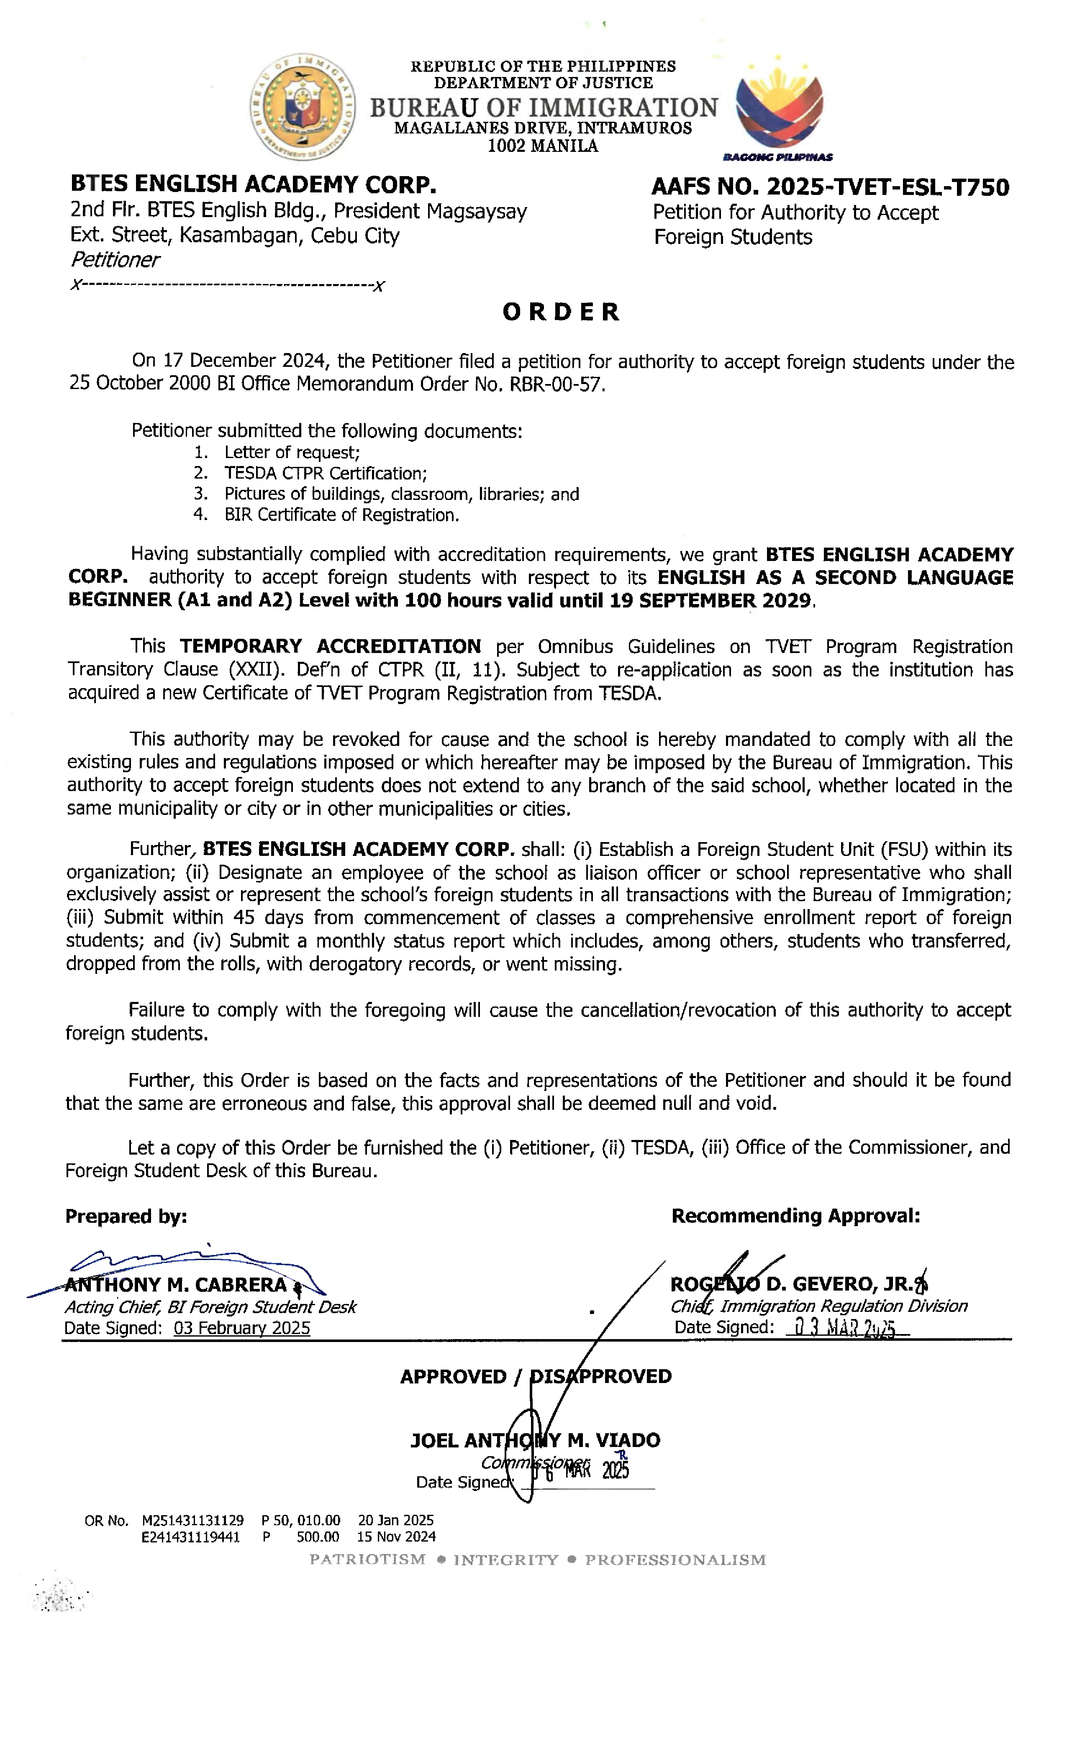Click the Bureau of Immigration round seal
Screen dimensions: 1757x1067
click(303, 107)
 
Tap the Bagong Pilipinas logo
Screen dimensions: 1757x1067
click(779, 107)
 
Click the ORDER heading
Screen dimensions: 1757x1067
click(561, 312)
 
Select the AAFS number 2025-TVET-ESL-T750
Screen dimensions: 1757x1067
click(830, 187)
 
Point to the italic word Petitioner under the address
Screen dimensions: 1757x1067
click(115, 259)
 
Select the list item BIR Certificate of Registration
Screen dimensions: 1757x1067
click(341, 515)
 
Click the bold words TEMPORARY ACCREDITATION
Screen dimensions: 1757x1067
click(330, 646)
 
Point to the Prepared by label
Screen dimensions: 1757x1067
click(126, 1216)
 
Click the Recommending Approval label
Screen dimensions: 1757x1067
click(795, 1215)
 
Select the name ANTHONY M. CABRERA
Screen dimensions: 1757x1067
click(175, 1284)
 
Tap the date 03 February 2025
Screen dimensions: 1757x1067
click(242, 1328)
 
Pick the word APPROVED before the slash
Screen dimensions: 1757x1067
click(453, 1376)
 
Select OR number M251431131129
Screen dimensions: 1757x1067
click(192, 1520)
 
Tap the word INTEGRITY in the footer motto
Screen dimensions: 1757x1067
click(506, 1560)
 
